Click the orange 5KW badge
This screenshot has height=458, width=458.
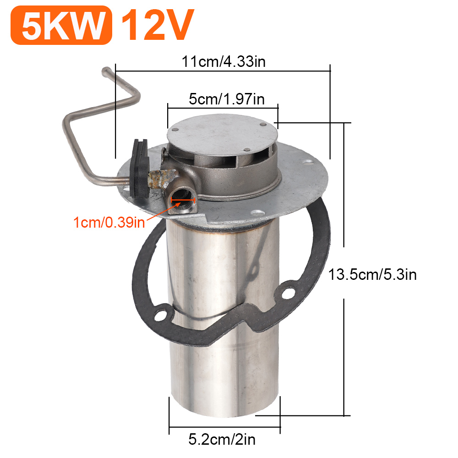point(61,25)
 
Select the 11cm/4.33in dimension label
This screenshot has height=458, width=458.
point(224,61)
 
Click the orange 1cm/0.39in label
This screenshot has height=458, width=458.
point(109,223)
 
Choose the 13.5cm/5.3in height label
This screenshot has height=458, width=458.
point(372,274)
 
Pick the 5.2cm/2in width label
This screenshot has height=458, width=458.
point(222,440)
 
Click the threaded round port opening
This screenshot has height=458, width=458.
point(182,198)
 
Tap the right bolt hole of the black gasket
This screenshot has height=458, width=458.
point(288,292)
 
